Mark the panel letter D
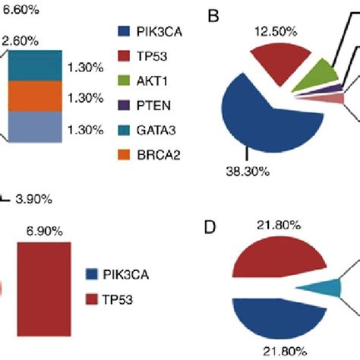(x=213, y=227)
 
